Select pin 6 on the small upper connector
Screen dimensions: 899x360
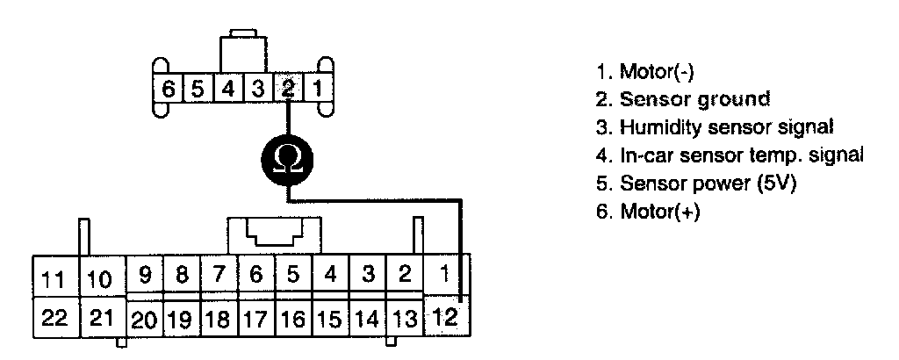point(166,89)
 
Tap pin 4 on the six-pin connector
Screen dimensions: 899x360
point(227,89)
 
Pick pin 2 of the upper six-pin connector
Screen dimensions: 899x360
point(288,89)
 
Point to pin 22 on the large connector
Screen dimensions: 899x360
point(54,317)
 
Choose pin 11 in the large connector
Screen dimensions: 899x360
point(54,279)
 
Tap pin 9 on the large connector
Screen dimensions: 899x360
point(145,274)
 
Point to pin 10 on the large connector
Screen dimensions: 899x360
point(101,279)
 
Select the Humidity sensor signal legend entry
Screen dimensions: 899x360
point(714,126)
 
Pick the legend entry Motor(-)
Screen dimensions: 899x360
point(645,70)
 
